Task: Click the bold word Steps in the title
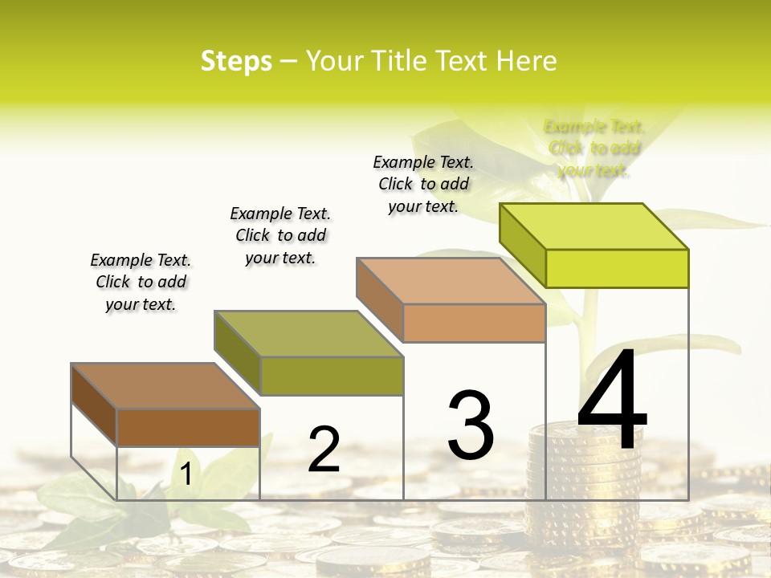[x=236, y=61]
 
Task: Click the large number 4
[x=612, y=401]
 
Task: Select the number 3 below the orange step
[x=471, y=425]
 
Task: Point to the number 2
[x=324, y=450]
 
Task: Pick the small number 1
[x=186, y=474]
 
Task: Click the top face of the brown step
[x=165, y=386]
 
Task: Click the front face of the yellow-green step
[x=617, y=268]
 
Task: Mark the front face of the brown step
[x=188, y=427]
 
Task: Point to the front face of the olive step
[x=331, y=376]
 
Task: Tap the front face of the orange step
[x=474, y=323]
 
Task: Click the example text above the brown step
[x=141, y=282]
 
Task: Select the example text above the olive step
[x=280, y=235]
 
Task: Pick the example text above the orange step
[x=423, y=184]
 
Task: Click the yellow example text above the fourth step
[x=594, y=148]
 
